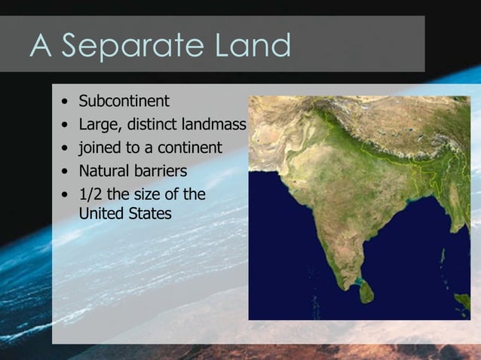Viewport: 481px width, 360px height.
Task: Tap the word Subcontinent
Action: click(124, 101)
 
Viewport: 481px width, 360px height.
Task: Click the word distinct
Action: click(153, 124)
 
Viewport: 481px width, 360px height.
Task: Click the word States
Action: click(150, 214)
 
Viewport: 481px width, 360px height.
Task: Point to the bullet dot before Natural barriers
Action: click(67, 171)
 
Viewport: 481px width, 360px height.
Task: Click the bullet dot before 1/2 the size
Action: click(67, 195)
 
